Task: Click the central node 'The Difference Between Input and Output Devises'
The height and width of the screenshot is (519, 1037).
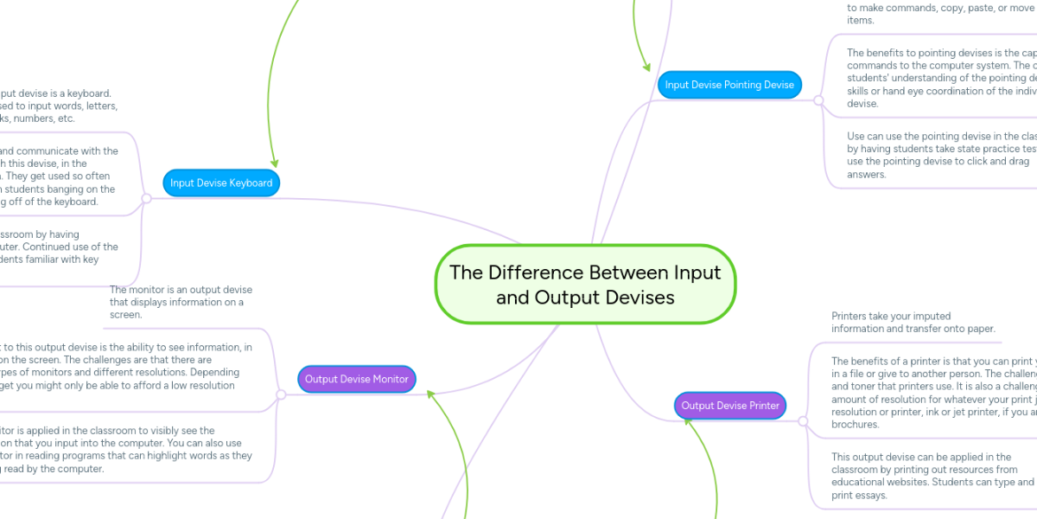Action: click(x=585, y=285)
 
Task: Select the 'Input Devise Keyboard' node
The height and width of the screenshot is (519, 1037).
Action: click(x=221, y=183)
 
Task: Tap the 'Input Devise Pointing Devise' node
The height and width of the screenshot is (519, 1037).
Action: click(x=730, y=85)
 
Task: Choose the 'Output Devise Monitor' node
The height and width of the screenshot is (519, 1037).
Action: click(x=356, y=379)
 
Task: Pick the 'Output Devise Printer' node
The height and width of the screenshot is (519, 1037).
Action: click(x=730, y=405)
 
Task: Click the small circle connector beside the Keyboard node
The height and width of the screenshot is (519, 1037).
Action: click(x=146, y=198)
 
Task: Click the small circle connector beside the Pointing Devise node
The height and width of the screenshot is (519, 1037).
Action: click(x=818, y=100)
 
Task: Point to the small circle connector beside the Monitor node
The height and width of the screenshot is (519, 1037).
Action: click(x=280, y=394)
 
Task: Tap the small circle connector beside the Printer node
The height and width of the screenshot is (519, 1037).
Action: click(x=803, y=421)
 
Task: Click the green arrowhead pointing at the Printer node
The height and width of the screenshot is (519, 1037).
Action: click(x=688, y=424)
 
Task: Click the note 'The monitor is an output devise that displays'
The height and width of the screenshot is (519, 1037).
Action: click(x=181, y=302)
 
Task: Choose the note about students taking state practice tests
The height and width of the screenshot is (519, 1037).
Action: click(x=938, y=155)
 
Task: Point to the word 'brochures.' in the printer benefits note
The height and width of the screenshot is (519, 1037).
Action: click(x=855, y=425)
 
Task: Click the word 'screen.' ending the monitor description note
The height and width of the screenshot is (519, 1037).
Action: click(x=125, y=315)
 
